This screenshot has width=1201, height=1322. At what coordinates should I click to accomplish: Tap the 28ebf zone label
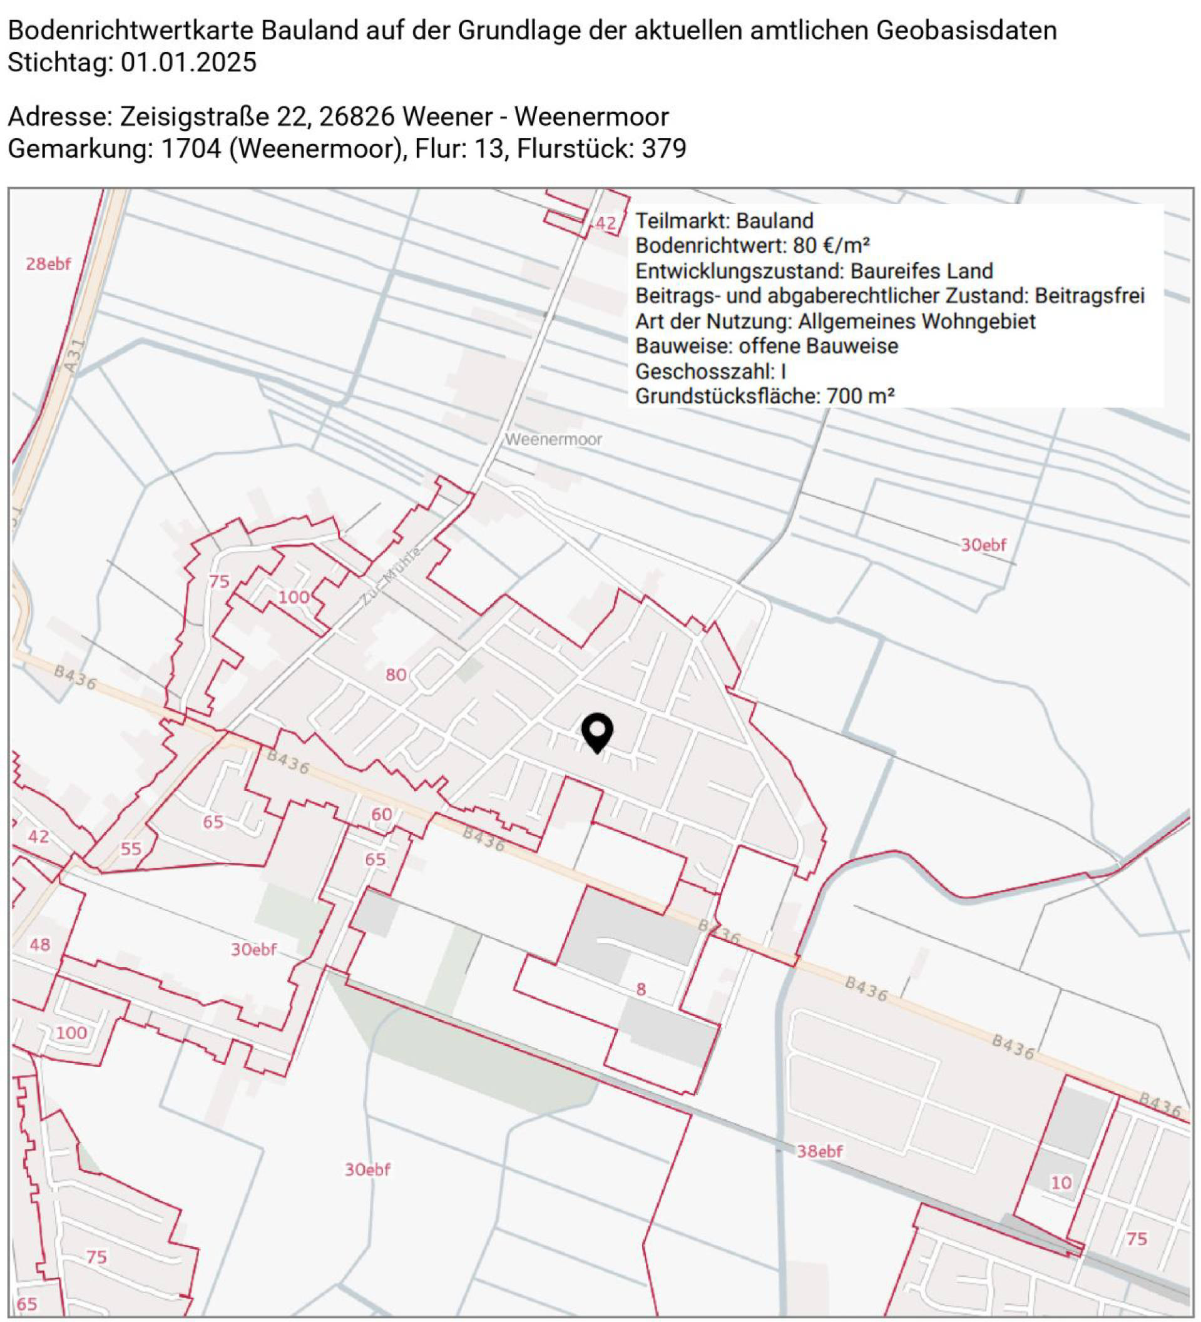pyautogui.click(x=48, y=263)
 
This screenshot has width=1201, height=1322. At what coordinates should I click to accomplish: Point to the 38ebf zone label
pyautogui.click(x=819, y=1151)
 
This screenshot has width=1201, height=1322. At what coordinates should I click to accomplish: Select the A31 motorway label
pyautogui.click(x=76, y=355)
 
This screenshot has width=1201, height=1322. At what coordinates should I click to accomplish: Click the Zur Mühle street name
pyautogui.click(x=392, y=576)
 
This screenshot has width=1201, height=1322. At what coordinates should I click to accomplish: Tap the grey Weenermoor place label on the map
pyautogui.click(x=553, y=439)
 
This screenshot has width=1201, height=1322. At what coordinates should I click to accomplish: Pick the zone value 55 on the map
pyautogui.click(x=131, y=848)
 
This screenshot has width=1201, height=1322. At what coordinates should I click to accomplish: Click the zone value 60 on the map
pyautogui.click(x=382, y=815)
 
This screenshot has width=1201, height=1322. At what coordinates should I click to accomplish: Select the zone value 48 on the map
pyautogui.click(x=40, y=944)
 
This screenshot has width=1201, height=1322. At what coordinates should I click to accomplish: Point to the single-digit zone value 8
pyautogui.click(x=641, y=989)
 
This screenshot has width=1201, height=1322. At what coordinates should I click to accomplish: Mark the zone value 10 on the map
pyautogui.click(x=1061, y=1182)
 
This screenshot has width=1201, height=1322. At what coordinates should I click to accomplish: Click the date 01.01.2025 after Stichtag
pyautogui.click(x=188, y=63)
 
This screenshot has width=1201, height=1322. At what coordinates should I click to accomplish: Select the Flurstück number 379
pyautogui.click(x=664, y=149)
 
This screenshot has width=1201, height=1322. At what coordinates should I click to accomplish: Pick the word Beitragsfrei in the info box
pyautogui.click(x=1090, y=296)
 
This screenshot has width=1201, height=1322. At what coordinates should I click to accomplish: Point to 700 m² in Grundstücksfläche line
pyautogui.click(x=860, y=396)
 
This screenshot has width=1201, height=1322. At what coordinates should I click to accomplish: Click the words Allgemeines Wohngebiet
pyautogui.click(x=916, y=322)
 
